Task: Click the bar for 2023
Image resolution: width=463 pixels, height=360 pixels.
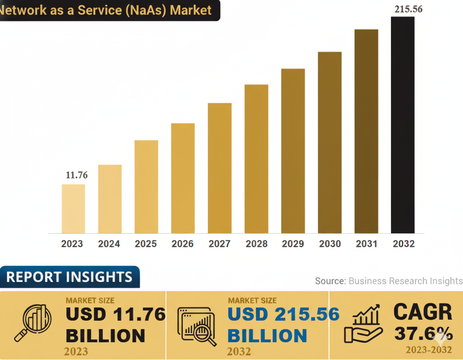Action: [73, 209]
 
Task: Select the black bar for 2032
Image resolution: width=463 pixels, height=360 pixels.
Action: [403, 125]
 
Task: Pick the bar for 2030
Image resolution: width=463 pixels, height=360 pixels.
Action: [330, 142]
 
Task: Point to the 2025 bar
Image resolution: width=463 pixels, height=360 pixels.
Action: [146, 186]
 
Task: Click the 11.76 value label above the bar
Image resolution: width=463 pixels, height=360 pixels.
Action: [76, 175]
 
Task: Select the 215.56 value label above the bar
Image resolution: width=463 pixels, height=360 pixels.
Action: [408, 9]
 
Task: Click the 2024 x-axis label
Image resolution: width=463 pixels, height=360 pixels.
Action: [109, 244]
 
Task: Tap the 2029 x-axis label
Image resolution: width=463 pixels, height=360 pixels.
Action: [293, 244]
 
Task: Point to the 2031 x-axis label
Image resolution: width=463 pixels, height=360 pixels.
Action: [367, 244]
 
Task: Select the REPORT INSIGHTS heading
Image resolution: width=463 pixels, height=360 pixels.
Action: [69, 277]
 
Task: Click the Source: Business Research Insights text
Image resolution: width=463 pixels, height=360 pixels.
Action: [389, 281]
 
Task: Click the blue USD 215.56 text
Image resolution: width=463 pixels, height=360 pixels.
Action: [283, 314]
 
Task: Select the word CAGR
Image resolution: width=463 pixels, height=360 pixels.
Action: [423, 312]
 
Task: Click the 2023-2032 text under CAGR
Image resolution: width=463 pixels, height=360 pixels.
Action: [428, 350]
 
